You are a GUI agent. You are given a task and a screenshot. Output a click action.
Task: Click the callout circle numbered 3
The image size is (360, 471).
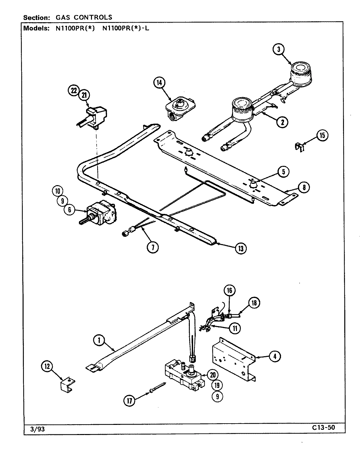pyautogui.click(x=279, y=49)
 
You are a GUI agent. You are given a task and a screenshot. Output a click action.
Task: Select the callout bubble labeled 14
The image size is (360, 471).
pyautogui.click(x=159, y=83)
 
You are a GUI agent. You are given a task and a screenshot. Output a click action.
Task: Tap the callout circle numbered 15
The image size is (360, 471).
pyautogui.click(x=322, y=135)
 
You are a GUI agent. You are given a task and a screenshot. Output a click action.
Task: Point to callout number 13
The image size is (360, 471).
pyautogui.click(x=241, y=248)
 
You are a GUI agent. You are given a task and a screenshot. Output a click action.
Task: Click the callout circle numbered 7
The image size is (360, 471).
pyautogui.click(x=153, y=247)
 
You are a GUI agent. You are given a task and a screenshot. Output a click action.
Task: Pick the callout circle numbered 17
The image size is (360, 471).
pyautogui.click(x=130, y=401)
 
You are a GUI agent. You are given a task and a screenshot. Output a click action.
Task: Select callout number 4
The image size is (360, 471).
pyautogui.click(x=275, y=357)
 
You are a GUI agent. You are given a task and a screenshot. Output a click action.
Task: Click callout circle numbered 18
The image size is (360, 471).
pyautogui.click(x=254, y=303)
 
